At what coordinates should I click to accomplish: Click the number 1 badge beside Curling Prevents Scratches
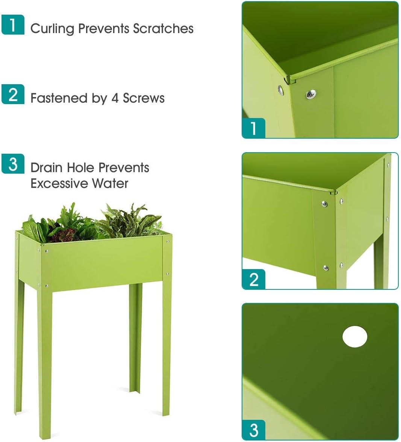pos(13,25)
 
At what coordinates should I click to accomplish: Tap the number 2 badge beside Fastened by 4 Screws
pos(13,94)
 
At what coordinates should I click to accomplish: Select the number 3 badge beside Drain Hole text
pos(13,164)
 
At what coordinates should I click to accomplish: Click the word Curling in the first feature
pos(52,29)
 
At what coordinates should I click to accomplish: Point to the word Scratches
pos(163,29)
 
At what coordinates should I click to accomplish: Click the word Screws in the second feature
pos(144,98)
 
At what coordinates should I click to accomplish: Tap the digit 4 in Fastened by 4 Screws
pos(115,98)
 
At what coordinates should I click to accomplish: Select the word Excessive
pos(59,183)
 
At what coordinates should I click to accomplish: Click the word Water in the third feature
pos(110,183)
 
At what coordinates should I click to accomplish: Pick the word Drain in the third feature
pos(47,168)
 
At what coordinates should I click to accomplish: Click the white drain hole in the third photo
pos(355,337)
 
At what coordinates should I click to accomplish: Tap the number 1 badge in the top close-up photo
pos(253,128)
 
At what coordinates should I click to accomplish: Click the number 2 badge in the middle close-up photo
pos(253,279)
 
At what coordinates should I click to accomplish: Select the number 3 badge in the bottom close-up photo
pos(253,430)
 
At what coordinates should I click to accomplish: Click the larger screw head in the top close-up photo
pos(311,94)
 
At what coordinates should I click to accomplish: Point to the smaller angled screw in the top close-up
pos(280,90)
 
